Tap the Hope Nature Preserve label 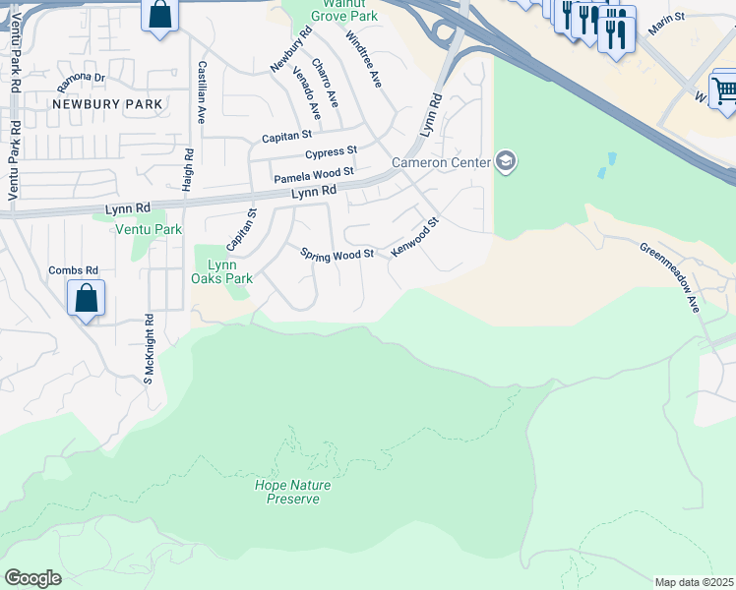292,492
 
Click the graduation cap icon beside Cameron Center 506,161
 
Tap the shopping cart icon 724,91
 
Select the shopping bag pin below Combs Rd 86,298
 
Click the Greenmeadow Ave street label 668,278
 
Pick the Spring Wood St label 337,254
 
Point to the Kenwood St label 413,238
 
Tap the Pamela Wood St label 313,177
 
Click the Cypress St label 331,153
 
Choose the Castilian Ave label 201,91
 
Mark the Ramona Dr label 81,77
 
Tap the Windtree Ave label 363,59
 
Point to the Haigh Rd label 188,169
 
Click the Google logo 32,578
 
